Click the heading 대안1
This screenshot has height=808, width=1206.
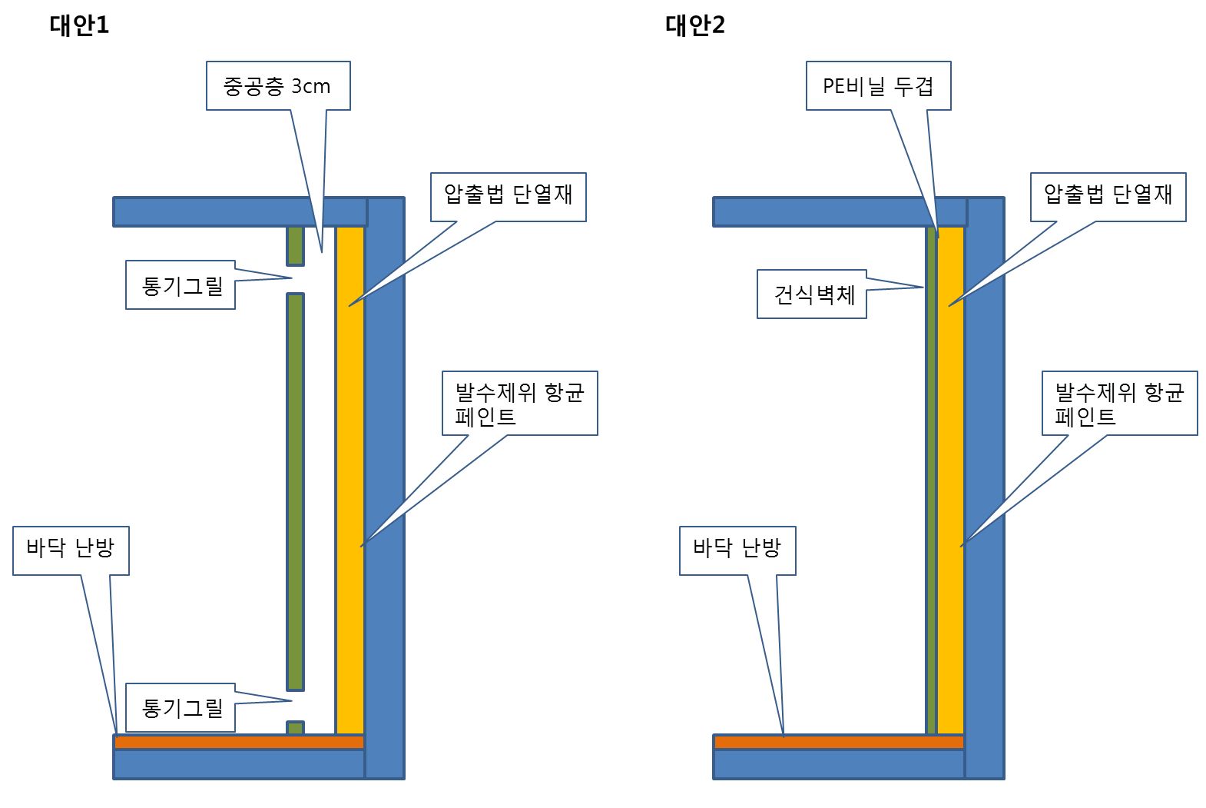[x=79, y=25]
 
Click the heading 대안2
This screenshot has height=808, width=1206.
[x=694, y=25]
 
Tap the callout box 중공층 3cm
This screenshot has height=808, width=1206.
[x=277, y=85]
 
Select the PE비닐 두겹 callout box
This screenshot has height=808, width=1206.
[x=878, y=85]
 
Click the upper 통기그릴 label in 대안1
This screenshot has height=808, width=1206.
[x=181, y=285]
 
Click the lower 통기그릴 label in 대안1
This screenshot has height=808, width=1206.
[x=181, y=707]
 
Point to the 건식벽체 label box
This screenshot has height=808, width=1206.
[x=812, y=294]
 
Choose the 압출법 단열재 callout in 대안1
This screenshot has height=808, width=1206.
[x=508, y=197]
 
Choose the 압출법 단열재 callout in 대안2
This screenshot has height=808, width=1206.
[x=1108, y=197]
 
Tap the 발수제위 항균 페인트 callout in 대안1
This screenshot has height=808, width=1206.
[x=519, y=404]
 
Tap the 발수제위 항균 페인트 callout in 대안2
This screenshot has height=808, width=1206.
[x=1119, y=404]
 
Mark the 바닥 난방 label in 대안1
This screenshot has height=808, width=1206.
[x=71, y=550]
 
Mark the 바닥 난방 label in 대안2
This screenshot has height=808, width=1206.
[x=737, y=550]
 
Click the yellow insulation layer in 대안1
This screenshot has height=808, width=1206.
[x=350, y=477]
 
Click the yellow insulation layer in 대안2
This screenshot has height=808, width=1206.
[x=950, y=477]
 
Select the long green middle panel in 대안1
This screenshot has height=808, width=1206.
[x=296, y=492]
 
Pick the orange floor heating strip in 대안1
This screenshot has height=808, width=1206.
[x=239, y=742]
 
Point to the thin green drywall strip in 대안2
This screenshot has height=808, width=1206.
[x=931, y=477]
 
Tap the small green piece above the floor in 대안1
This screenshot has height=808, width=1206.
[x=296, y=727]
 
